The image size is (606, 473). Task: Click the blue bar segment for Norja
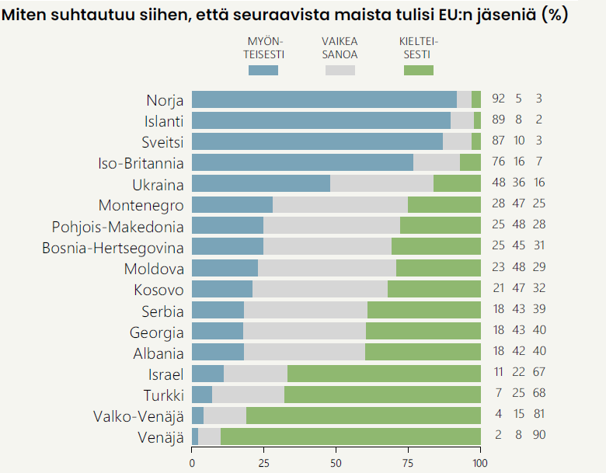point(324,99)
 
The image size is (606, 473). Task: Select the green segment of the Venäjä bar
point(350,435)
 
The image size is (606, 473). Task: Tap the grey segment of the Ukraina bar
point(381,183)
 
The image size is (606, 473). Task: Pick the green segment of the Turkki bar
point(382,393)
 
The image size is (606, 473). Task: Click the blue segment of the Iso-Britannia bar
point(302,162)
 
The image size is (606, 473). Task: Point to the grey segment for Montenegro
point(340,204)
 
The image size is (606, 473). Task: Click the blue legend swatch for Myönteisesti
point(263,71)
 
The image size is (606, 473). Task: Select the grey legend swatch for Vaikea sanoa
point(340,71)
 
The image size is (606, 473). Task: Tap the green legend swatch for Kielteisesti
point(419,71)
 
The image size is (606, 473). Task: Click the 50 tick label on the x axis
point(336,463)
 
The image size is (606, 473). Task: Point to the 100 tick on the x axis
point(481,463)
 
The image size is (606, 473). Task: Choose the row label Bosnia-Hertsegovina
point(113,247)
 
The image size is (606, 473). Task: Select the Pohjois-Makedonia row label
point(118,226)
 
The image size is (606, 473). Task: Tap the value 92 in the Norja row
point(499,99)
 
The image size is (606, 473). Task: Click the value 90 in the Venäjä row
point(538,435)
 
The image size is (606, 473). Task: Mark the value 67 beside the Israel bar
point(538,372)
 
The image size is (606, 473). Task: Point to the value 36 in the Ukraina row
point(518,183)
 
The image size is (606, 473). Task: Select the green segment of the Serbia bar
point(424,309)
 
